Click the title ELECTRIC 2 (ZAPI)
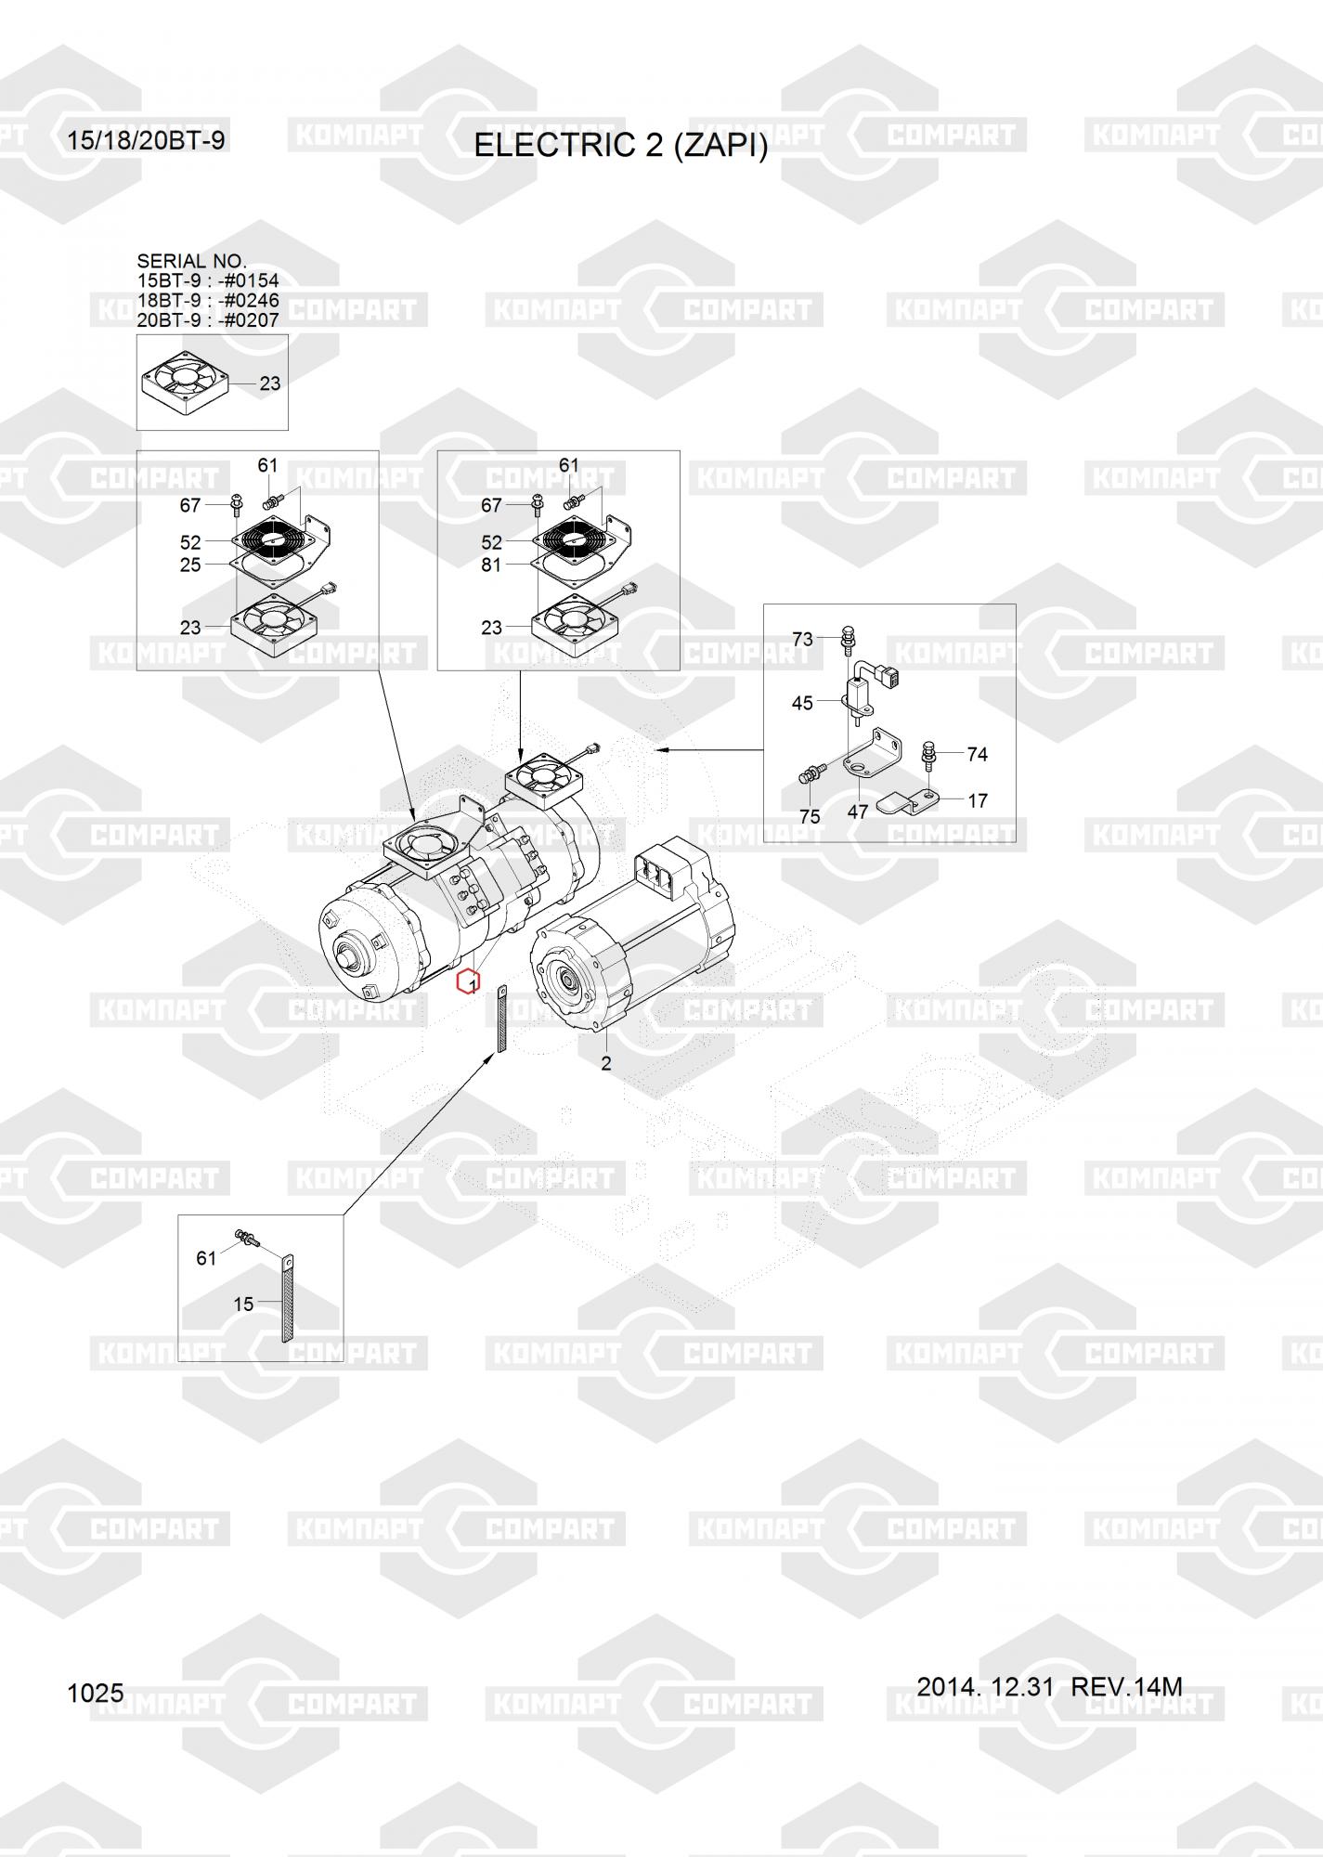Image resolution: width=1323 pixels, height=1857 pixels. click(x=620, y=147)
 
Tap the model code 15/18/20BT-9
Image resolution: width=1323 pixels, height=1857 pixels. click(x=146, y=141)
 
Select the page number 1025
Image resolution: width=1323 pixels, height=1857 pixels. click(x=96, y=1694)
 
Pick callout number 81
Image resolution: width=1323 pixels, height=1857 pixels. click(x=491, y=565)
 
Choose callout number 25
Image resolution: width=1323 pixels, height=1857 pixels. click(x=190, y=565)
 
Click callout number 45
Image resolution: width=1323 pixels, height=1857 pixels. click(x=802, y=703)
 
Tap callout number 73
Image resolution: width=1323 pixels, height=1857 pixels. click(x=802, y=639)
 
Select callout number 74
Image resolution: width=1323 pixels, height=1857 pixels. click(x=977, y=754)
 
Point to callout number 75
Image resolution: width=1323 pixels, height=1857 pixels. click(x=810, y=816)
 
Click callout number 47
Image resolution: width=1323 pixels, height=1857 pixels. click(x=858, y=812)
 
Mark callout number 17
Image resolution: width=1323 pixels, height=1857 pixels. click(x=977, y=800)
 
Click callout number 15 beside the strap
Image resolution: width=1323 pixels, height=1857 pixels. click(x=243, y=1305)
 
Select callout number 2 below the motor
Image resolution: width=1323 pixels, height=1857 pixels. click(x=606, y=1064)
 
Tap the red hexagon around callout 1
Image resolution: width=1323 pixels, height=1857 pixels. click(x=469, y=981)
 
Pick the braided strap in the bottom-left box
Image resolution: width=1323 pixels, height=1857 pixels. click(x=287, y=1300)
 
